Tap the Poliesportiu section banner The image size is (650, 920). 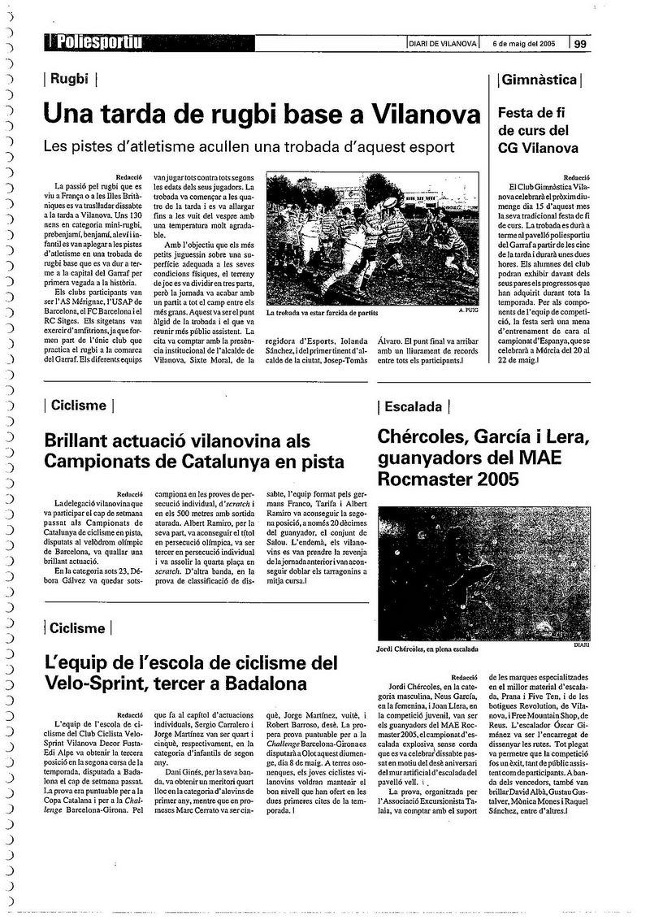point(93,44)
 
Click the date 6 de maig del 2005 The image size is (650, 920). point(524,44)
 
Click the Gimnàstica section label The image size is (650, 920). point(539,80)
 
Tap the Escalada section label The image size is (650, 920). point(414,406)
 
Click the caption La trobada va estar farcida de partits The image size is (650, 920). point(333,310)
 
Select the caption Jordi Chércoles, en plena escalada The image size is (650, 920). point(427,649)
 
